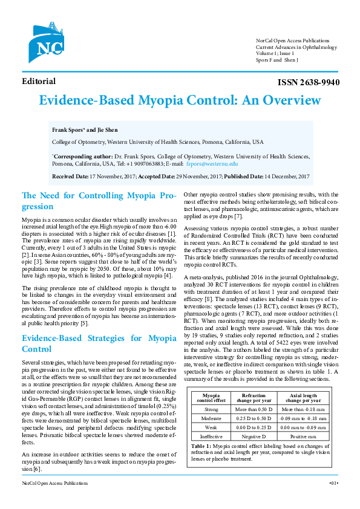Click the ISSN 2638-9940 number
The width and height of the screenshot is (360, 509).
tap(309, 83)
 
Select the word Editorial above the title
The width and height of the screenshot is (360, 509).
tap(39, 82)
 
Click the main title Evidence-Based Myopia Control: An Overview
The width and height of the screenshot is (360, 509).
tap(180, 101)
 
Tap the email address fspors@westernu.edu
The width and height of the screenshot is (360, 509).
tap(212, 164)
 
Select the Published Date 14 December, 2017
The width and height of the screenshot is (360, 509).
tap(267, 176)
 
